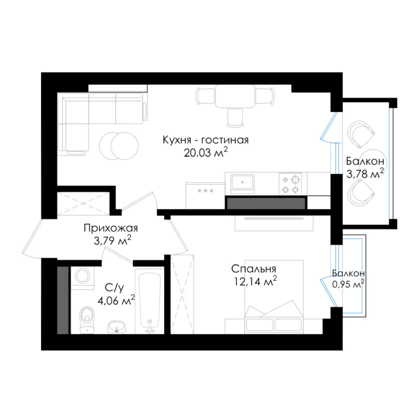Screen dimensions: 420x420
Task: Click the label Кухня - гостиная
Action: point(205,140)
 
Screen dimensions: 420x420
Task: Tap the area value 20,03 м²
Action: point(205,152)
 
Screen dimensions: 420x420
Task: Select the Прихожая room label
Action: point(110,228)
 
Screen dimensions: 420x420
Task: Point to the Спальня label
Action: point(253,269)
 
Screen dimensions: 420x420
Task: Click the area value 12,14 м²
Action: point(255,281)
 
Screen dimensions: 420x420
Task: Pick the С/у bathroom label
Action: point(114,288)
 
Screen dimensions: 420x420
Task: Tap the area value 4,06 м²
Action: point(116,301)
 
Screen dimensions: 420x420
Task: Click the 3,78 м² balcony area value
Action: point(365,174)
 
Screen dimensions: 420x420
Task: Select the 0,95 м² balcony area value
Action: point(348,284)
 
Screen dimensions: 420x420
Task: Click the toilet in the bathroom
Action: point(87,320)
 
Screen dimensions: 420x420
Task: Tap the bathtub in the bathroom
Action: point(150,301)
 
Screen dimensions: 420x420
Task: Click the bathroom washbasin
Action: point(116,327)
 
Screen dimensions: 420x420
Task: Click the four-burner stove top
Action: point(290,184)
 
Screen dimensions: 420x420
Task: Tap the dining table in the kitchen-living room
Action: point(235,96)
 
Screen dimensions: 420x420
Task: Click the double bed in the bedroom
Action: point(274,297)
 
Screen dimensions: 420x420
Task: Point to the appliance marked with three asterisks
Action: point(205,196)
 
